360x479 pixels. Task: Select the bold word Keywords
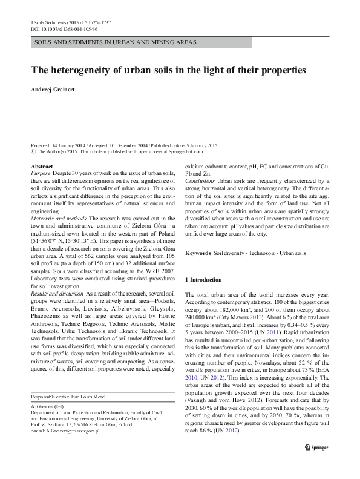click(198, 252)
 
